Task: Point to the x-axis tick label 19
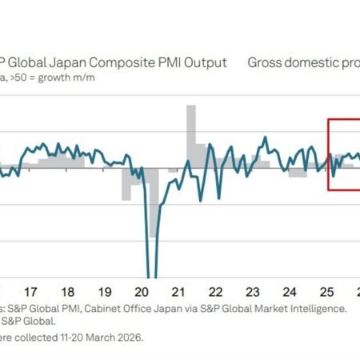click(105, 292)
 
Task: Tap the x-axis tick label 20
click(142, 292)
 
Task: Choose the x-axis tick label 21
click(179, 292)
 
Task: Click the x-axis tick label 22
click(216, 292)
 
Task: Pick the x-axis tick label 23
click(253, 292)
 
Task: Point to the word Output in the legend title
click(204, 62)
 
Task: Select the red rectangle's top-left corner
click(328, 119)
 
